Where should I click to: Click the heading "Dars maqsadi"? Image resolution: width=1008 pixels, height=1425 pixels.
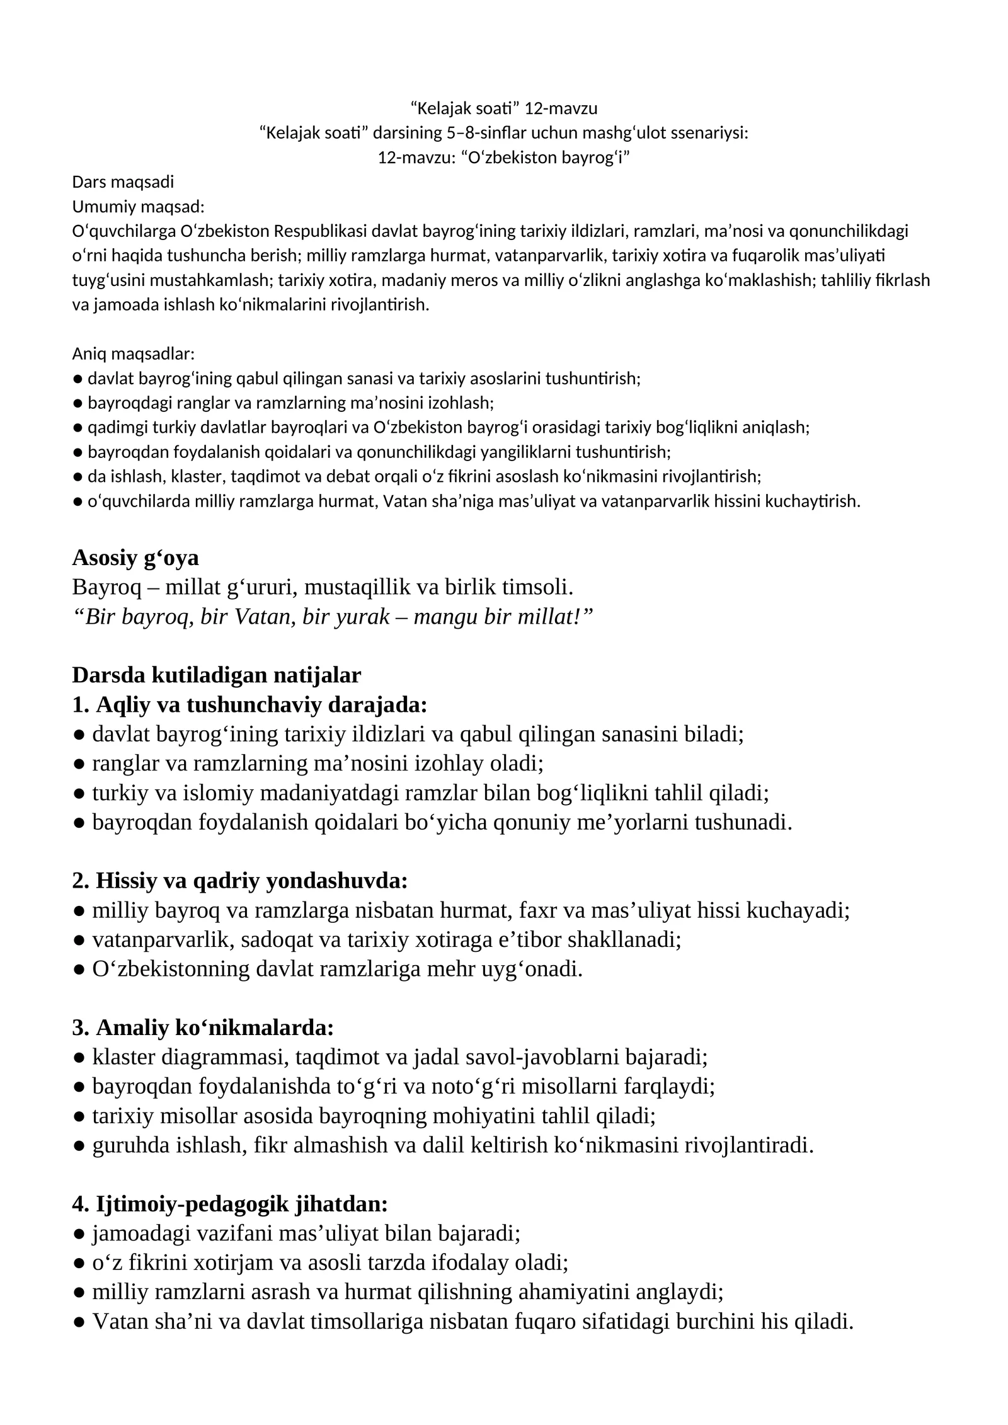[x=123, y=182]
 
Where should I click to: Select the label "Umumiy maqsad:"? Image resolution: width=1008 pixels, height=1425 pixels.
[x=138, y=207]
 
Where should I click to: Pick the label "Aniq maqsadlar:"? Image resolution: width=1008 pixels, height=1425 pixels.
[x=134, y=353]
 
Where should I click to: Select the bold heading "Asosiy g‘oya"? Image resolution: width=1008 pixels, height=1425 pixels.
[x=135, y=558]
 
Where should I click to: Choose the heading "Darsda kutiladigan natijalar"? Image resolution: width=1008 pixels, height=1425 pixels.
[x=217, y=675]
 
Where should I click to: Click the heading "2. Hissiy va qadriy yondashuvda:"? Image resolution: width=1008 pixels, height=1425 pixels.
[x=240, y=881]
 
